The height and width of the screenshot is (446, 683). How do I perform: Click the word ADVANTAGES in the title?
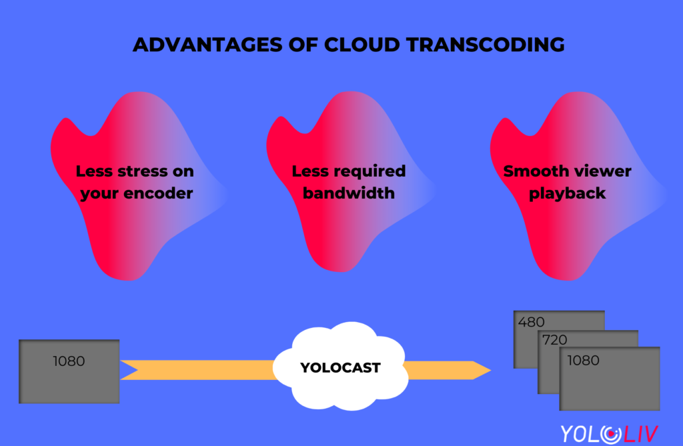207,45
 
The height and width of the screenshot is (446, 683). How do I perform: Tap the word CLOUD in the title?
362,45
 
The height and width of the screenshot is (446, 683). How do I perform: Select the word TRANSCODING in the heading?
486,45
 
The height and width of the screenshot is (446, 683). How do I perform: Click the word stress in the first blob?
143,171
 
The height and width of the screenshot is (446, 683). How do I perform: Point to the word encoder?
158,193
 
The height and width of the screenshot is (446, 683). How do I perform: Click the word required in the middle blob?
370,172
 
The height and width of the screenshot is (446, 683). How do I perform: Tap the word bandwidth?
349,193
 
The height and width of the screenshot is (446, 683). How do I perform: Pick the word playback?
567,194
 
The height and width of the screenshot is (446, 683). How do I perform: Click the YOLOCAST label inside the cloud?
340,367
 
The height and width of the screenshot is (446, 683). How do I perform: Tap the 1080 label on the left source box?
69,361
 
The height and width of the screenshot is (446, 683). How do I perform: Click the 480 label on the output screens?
531,322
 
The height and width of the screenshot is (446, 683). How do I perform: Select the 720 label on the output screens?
554,340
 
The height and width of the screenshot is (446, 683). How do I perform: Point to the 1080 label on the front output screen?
583,360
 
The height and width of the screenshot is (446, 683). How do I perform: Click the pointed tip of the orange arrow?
490,370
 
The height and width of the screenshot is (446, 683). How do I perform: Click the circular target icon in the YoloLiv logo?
611,434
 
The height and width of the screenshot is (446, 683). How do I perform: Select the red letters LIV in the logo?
640,434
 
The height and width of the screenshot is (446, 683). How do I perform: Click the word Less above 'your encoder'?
94,171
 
